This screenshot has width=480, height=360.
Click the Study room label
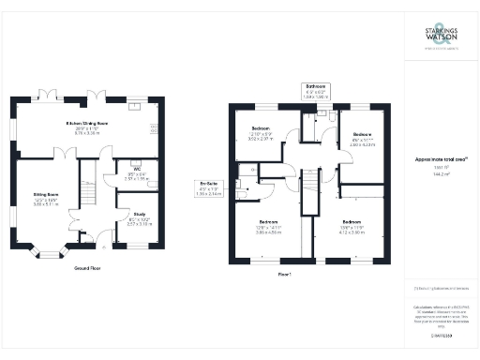[139, 213]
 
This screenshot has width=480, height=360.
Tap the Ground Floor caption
[89, 268]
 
